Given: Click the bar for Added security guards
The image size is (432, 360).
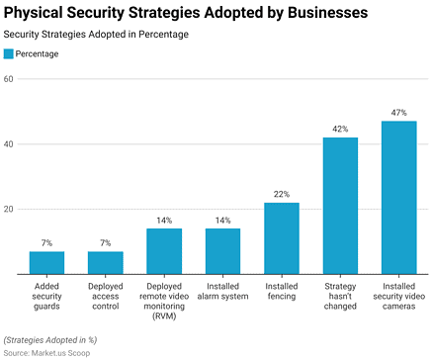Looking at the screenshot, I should pos(46,263).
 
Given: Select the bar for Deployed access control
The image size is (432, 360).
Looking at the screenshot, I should pos(106,263).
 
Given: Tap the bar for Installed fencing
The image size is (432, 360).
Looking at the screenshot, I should pos(282,238).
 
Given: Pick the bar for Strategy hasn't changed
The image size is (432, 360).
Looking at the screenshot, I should pos(340,206).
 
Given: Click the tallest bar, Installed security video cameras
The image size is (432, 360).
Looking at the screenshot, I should pos(399,198).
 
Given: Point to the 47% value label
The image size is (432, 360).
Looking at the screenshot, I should pos(399,114).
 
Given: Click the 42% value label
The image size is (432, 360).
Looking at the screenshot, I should pos(340,130).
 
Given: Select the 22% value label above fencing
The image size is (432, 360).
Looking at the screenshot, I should pos(282,195).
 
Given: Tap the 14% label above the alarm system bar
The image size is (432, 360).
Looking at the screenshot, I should pos(223,221).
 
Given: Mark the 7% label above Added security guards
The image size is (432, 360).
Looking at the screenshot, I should pos(46,243).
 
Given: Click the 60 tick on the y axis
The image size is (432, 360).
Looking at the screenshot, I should pos(8,79).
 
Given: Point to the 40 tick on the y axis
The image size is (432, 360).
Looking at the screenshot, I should pos(8,144).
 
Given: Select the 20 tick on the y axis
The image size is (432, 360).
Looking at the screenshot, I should pos(8,210).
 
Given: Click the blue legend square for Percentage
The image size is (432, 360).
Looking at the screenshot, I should pos(9,54).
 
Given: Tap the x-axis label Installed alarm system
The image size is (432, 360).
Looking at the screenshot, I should pos(223,291).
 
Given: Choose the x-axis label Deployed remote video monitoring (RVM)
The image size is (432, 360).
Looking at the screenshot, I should pos(164,296).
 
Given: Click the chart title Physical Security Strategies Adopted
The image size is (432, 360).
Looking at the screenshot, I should pos(186,13).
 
